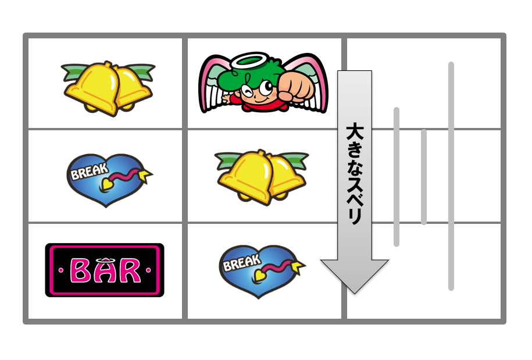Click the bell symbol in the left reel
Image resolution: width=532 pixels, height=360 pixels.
[108, 88]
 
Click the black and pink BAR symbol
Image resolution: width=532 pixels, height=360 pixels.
[105, 270]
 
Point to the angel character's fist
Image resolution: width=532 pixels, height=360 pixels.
[296, 86]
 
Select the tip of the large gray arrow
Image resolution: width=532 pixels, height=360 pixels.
[355, 293]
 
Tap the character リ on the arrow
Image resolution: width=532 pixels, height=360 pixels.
[355, 215]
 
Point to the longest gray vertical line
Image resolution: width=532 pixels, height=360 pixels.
[451, 176]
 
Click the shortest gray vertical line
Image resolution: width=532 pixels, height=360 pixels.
[423, 177]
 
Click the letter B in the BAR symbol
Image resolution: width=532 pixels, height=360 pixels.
[80, 270]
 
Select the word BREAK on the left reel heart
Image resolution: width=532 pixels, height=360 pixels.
[89, 171]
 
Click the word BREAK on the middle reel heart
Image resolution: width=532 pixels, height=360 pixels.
[242, 263]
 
